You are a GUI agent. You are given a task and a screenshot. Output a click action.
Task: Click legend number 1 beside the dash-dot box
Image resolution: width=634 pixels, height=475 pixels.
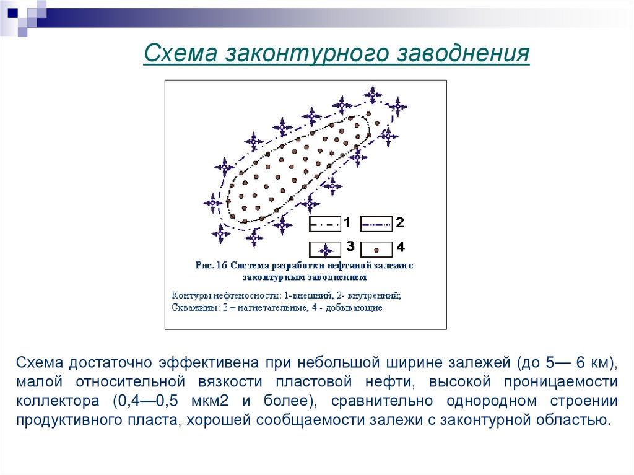(x=347, y=222)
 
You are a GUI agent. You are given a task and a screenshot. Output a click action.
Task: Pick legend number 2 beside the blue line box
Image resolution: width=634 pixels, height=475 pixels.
(x=400, y=222)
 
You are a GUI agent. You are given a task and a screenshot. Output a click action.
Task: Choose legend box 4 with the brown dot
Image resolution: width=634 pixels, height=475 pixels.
(x=376, y=249)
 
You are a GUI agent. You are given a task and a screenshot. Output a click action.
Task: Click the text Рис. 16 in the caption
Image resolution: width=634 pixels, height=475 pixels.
(x=212, y=265)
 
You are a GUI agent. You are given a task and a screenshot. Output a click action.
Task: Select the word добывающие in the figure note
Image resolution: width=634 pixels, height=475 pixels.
(x=358, y=307)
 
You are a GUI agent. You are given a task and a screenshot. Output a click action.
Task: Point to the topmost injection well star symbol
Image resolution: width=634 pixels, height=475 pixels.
(x=373, y=95)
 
